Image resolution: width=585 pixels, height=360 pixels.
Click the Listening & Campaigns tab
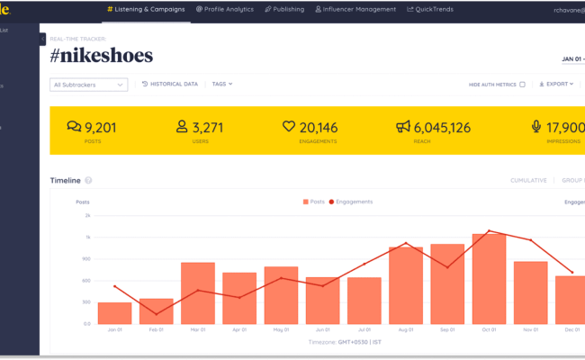[x=146, y=9]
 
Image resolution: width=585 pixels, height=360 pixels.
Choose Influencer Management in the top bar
[x=355, y=9]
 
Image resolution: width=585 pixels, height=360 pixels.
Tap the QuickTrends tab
[x=430, y=9]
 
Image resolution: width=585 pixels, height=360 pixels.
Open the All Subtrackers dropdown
[x=88, y=85]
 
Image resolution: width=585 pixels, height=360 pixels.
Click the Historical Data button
[x=170, y=84]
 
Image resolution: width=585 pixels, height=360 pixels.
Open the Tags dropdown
[x=222, y=84]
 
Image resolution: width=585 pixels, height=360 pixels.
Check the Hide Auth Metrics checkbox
[x=522, y=85]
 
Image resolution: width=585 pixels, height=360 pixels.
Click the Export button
[x=556, y=84]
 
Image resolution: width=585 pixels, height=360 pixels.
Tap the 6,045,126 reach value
[x=441, y=127]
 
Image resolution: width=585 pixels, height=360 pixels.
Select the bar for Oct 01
[x=489, y=279]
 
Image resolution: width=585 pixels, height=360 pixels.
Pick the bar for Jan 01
[x=114, y=313]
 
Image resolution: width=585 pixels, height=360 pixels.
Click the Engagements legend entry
[x=351, y=202]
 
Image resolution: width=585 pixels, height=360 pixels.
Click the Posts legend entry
[x=315, y=202]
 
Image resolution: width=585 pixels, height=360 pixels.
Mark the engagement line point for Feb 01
[x=156, y=314]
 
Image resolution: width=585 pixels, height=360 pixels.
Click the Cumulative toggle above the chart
[x=528, y=180]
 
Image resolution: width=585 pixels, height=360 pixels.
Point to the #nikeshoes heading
[x=102, y=56]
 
